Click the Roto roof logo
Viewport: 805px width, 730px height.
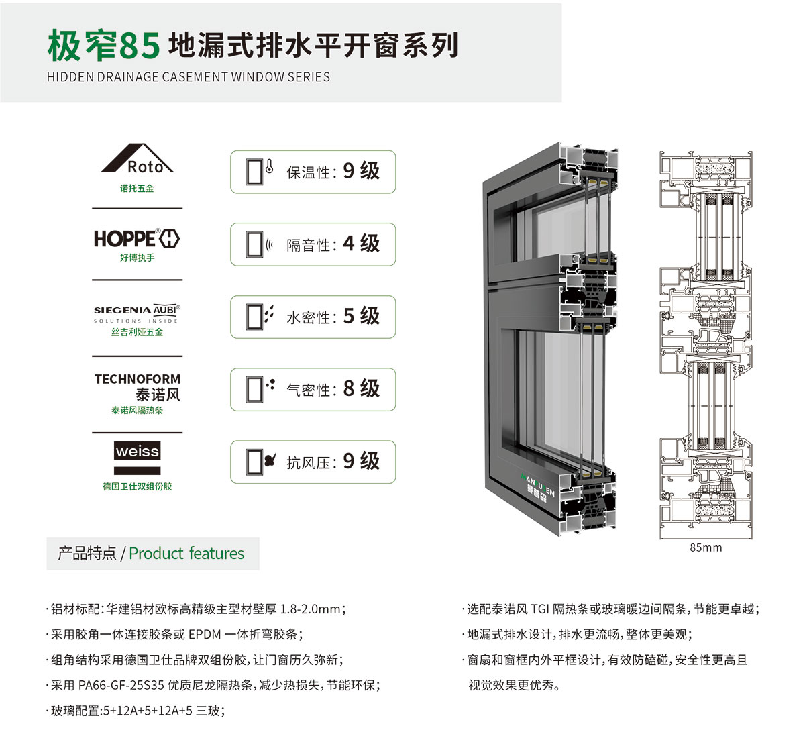[137, 158]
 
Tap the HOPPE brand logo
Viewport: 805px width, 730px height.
[137, 238]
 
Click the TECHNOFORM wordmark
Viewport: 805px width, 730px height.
[138, 379]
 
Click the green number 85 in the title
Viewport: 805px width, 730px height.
[140, 46]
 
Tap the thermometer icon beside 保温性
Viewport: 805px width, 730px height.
[269, 166]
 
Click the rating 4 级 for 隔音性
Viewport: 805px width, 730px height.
[361, 244]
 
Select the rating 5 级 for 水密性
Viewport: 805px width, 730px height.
[361, 316]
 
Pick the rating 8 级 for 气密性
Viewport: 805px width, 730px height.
[361, 388]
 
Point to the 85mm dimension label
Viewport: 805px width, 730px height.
[706, 547]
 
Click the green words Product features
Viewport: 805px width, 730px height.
[186, 554]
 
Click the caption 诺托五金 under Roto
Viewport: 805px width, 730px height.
[137, 189]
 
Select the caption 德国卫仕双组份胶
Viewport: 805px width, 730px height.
[138, 486]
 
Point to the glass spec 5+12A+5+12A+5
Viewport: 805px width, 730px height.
[148, 711]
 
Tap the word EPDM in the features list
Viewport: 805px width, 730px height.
[205, 634]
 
